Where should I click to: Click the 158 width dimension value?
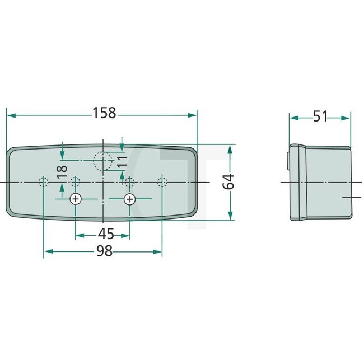pos(104,114)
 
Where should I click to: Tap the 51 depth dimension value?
pos(320,117)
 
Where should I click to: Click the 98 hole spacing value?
pos(104,251)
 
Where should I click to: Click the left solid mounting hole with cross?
pos(76,199)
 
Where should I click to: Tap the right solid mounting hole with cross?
pos(130,199)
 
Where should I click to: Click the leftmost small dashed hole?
pos(43,182)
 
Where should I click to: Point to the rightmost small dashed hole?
pos(162,182)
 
